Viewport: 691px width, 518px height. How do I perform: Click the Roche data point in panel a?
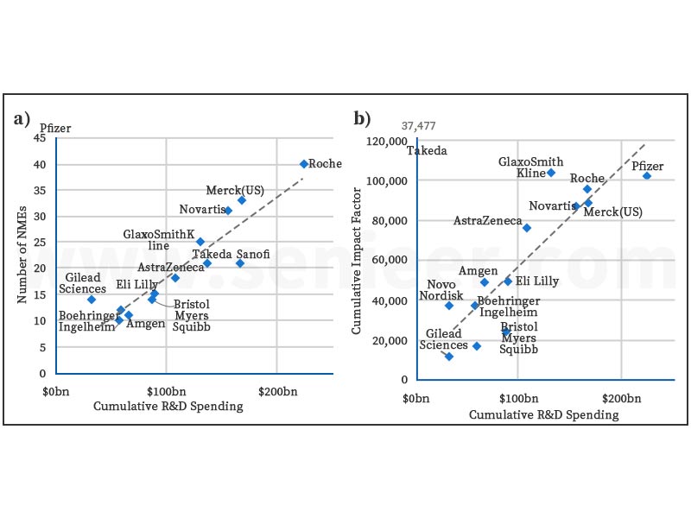coord(304,164)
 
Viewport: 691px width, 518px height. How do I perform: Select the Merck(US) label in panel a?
coord(235,190)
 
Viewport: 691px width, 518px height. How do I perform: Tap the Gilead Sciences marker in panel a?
coord(92,300)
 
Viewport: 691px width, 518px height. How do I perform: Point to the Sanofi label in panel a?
coord(252,255)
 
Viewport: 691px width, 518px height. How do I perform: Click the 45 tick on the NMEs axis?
coord(40,138)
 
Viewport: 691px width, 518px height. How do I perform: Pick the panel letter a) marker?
coord(23,118)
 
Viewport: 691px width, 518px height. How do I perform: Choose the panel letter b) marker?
coord(362,118)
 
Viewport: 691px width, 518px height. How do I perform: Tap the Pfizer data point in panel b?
coord(646,176)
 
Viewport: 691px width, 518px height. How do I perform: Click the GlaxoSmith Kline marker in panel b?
coord(551,173)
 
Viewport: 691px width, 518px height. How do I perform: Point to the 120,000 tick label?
coord(386,142)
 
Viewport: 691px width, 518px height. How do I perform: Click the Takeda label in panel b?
coord(427,150)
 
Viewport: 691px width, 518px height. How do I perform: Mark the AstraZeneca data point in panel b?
coord(527,228)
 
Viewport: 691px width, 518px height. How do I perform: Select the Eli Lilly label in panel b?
coord(537,281)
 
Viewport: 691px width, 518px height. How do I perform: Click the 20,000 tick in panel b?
coord(390,340)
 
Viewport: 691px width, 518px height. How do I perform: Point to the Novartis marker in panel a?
coord(228,211)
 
